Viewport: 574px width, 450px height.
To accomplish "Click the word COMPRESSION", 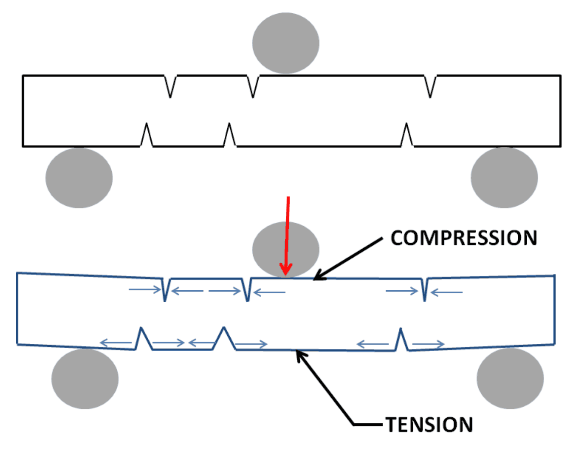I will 464,238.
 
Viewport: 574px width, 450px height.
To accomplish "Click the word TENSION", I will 429,425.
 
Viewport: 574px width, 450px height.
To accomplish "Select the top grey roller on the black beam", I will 286,43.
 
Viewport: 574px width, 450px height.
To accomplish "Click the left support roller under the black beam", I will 79,178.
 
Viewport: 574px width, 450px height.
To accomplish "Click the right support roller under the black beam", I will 504,178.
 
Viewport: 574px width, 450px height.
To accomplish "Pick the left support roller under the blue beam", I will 85,378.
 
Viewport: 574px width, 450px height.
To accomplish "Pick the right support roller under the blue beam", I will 510,378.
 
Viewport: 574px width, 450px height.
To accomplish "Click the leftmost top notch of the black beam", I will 171,86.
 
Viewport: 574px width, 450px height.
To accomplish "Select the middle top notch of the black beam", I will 253,86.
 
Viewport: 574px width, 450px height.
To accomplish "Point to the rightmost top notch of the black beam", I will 430,86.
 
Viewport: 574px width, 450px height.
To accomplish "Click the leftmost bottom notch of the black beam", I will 147,135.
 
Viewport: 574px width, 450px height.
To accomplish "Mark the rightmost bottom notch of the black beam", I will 407,135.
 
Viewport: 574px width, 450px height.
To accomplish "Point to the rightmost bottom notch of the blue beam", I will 401,340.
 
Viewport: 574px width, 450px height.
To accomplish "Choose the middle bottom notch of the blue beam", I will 224,339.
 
